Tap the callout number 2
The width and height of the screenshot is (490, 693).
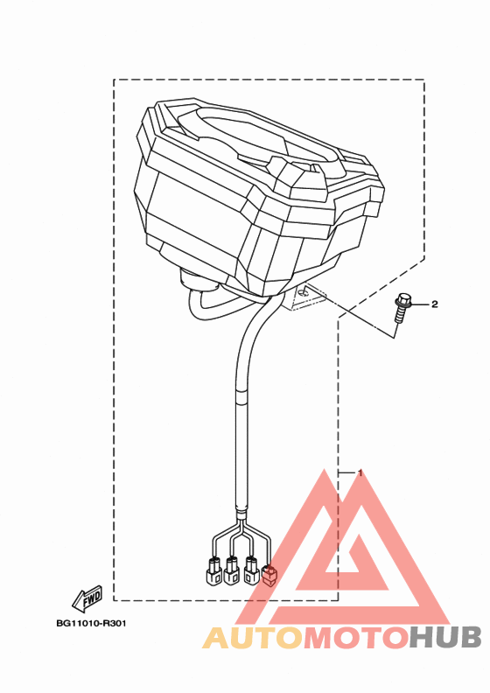point(434,304)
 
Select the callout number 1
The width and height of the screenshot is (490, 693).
point(360,472)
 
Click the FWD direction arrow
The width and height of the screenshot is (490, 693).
point(87,598)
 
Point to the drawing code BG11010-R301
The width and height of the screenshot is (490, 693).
point(91,624)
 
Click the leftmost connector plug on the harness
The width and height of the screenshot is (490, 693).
point(213,571)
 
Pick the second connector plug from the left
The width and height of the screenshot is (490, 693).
point(232,571)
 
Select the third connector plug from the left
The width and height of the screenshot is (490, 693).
point(251,570)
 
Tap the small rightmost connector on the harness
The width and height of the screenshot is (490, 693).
point(269,575)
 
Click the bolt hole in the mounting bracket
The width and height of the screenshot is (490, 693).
point(304,291)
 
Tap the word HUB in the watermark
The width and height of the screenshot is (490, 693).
point(444,638)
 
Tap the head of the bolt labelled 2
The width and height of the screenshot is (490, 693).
point(403,300)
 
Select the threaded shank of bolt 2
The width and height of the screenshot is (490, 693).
point(398,317)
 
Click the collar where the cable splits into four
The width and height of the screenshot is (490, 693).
point(241,514)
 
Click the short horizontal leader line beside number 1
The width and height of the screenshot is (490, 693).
point(346,472)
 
